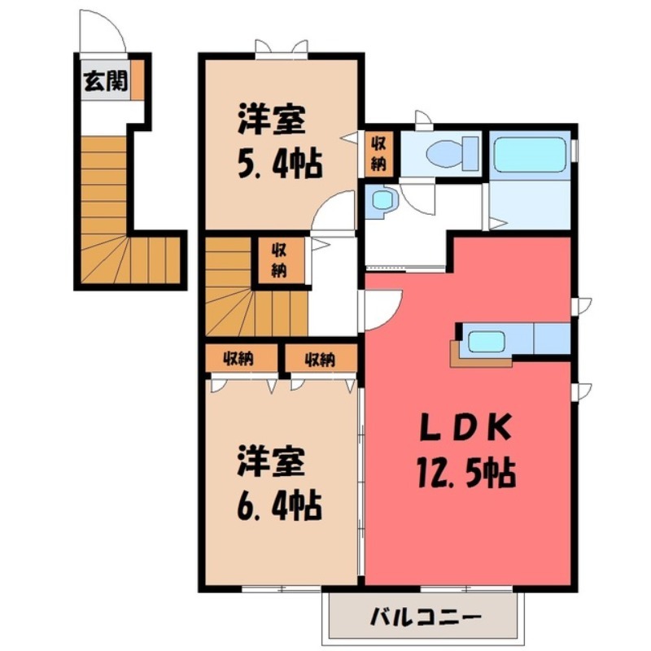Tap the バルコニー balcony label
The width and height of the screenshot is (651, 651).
(426, 614)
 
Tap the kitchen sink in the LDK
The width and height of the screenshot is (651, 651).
(487, 339)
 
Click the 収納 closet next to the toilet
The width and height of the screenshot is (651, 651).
(379, 152)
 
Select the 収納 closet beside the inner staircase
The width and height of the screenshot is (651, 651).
(279, 260)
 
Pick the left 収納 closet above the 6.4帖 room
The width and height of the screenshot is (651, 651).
(238, 358)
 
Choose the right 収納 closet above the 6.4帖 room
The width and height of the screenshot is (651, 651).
(320, 358)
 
